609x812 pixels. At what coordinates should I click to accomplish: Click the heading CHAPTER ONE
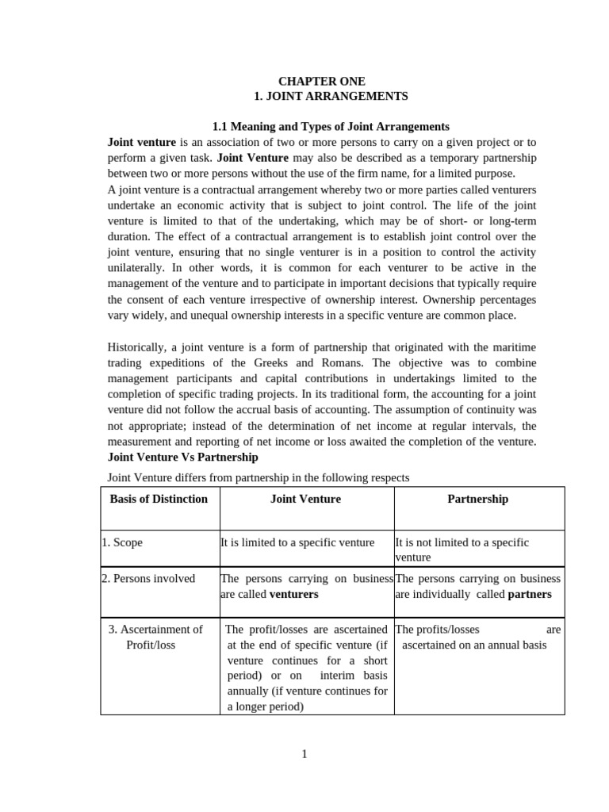tap(322, 81)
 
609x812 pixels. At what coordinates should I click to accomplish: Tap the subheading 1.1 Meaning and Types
tap(331, 126)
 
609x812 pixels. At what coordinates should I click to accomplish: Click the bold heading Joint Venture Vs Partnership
tap(182, 457)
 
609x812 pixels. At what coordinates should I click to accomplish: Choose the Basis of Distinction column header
tap(159, 499)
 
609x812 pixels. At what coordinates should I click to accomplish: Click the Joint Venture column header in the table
tap(305, 499)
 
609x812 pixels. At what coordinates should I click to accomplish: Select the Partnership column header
tap(477, 499)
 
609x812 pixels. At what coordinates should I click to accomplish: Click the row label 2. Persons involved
tap(148, 578)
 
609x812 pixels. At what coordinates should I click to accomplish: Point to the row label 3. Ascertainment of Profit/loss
tap(155, 637)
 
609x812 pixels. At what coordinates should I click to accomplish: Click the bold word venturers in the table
tap(293, 594)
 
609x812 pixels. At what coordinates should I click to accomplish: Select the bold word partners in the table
tap(529, 594)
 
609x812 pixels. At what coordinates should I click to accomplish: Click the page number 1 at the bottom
tap(304, 754)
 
